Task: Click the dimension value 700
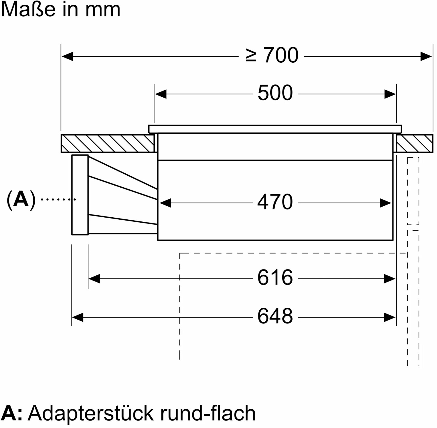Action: point(281,55)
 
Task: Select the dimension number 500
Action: point(275,93)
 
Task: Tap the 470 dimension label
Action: point(275,202)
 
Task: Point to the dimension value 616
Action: point(275,277)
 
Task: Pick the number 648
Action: point(275,316)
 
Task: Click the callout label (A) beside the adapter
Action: point(21,200)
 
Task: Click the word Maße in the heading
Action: point(28,10)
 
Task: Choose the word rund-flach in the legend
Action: point(208,413)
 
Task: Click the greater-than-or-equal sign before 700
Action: point(251,55)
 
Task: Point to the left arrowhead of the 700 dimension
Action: point(67,57)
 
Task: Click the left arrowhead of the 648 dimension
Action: point(77,317)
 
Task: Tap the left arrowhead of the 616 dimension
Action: point(94,279)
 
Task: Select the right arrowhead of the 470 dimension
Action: point(386,203)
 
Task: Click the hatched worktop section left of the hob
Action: point(108,144)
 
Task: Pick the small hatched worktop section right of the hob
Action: point(415,144)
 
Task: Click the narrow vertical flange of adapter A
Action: point(80,195)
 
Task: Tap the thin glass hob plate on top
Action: point(275,129)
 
